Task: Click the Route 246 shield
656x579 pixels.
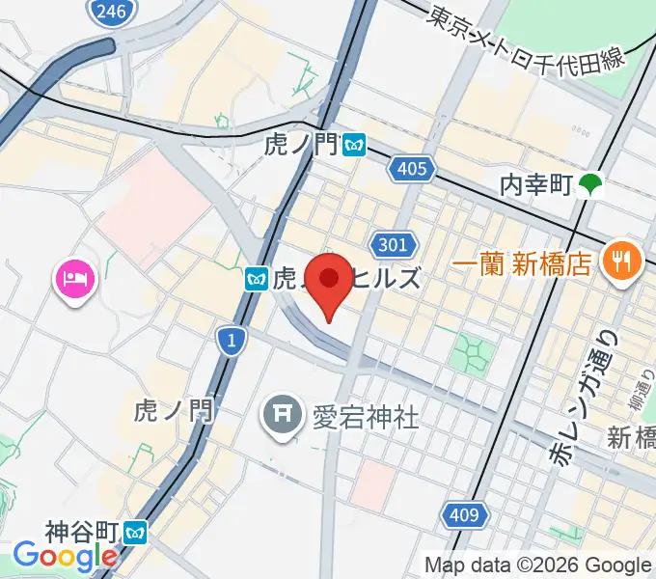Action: [108, 12]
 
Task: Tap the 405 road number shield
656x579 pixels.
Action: [410, 170]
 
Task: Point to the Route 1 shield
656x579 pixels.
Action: [231, 340]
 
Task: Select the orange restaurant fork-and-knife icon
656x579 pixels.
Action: [616, 260]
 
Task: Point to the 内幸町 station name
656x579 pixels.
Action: [537, 182]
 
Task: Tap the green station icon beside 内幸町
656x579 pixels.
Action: [589, 183]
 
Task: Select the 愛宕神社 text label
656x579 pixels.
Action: [365, 416]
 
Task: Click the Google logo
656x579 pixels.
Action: [65, 557]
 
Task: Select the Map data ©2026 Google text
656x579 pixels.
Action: [537, 565]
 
